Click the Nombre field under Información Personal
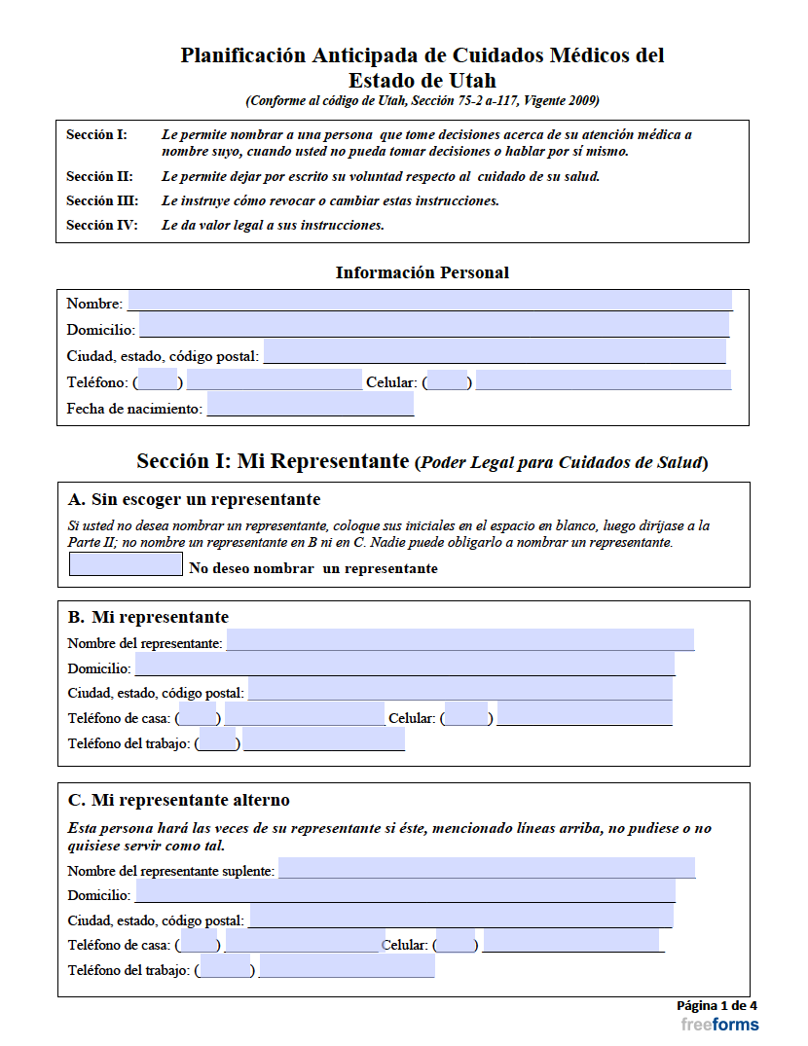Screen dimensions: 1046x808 click(x=429, y=301)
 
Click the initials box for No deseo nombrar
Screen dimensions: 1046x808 click(x=126, y=564)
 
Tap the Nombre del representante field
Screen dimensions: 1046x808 click(x=459, y=640)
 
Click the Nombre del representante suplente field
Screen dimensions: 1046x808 click(x=486, y=868)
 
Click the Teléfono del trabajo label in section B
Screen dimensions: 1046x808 click(x=130, y=743)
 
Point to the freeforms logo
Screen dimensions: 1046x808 click(x=719, y=1025)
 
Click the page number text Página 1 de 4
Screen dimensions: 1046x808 click(x=716, y=1006)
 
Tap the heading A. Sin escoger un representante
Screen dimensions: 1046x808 click(x=194, y=500)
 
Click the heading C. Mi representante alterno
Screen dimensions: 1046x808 click(x=178, y=800)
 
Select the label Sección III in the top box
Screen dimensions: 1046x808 click(x=102, y=201)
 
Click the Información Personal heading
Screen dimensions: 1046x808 click(x=422, y=272)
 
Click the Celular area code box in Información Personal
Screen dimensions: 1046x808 click(x=447, y=380)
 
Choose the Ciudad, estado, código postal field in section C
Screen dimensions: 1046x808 click(x=459, y=917)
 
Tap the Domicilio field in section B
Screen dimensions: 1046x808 click(x=404, y=666)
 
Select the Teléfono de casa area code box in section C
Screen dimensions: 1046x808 click(x=199, y=942)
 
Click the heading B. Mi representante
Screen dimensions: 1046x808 click(x=148, y=617)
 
